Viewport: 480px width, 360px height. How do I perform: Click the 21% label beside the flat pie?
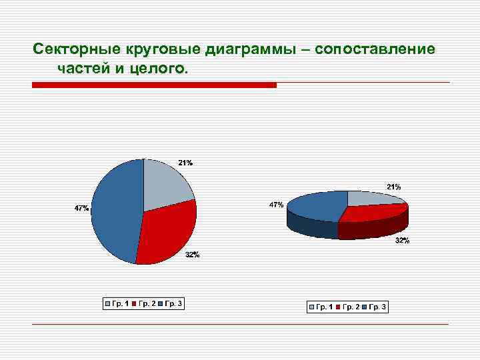point(185,163)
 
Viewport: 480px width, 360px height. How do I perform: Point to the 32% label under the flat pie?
point(192,255)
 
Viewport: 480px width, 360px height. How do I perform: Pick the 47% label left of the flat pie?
point(81,209)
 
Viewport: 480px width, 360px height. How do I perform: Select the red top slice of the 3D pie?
point(373,213)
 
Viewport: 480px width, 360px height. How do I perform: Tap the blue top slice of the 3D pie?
point(317,205)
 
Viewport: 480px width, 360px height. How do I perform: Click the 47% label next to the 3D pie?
point(276,205)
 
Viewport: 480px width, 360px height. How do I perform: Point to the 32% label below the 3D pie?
point(402,240)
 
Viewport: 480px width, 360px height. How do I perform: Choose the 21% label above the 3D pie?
point(393,187)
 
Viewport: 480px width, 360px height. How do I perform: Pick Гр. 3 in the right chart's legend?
point(377,307)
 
